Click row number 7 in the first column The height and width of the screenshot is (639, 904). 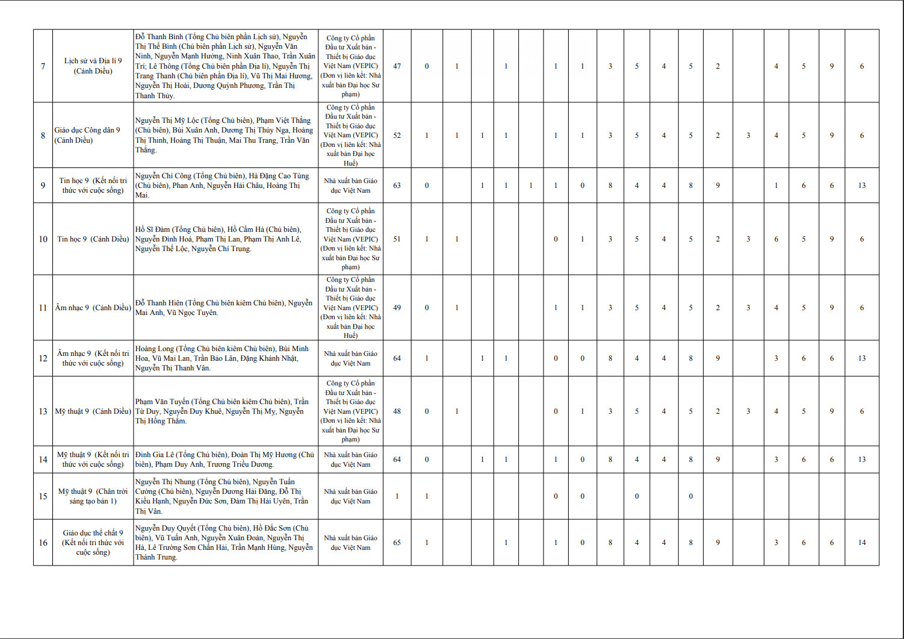[43, 66]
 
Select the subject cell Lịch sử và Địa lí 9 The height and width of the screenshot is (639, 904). [93, 66]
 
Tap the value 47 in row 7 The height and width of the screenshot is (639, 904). [397, 66]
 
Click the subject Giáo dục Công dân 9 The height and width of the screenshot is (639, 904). [87, 135]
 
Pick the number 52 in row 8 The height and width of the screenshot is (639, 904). [397, 136]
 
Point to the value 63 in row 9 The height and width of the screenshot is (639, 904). [397, 185]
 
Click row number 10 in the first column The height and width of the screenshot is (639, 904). [43, 239]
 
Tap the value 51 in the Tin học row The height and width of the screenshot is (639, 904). [397, 239]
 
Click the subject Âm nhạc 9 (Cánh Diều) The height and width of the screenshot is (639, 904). [93, 308]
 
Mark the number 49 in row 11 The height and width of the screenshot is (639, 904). [397, 308]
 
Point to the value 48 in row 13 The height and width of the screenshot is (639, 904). [397, 411]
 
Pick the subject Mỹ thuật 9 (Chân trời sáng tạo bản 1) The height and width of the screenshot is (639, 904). [93, 496]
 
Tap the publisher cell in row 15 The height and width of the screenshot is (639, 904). [350, 496]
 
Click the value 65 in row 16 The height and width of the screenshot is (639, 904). [397, 543]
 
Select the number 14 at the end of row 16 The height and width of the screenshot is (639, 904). [862, 543]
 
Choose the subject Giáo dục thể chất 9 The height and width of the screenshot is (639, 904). [93, 543]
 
